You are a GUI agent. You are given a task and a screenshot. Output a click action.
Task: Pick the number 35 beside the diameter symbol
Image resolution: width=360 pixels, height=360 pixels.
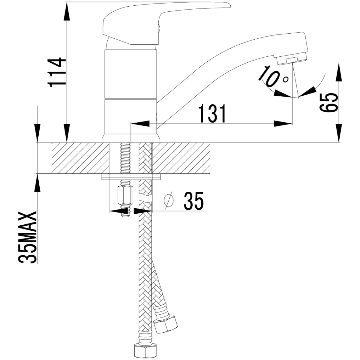[x=193, y=201]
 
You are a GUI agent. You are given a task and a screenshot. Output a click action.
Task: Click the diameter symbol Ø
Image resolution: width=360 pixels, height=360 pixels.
[x=168, y=201]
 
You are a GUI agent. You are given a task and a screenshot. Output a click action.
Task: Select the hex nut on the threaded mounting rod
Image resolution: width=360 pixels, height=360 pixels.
[x=125, y=196]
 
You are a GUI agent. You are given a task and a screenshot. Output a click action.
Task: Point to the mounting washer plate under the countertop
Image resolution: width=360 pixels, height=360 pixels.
[x=131, y=177]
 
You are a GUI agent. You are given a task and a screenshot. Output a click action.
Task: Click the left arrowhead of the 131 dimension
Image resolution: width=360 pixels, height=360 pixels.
[x=140, y=124]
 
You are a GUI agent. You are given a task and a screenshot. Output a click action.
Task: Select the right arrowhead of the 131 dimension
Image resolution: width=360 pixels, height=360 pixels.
[x=283, y=124]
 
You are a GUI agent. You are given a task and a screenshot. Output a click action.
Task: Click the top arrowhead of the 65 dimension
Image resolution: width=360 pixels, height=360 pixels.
[x=339, y=72]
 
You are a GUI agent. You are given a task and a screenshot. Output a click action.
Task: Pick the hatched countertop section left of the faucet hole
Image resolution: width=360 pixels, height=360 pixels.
[x=80, y=158]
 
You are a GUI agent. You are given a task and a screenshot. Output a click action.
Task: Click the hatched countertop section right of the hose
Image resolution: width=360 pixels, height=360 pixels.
[x=181, y=158]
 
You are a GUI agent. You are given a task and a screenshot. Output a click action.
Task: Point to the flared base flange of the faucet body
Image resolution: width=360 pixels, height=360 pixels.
[x=131, y=139]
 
